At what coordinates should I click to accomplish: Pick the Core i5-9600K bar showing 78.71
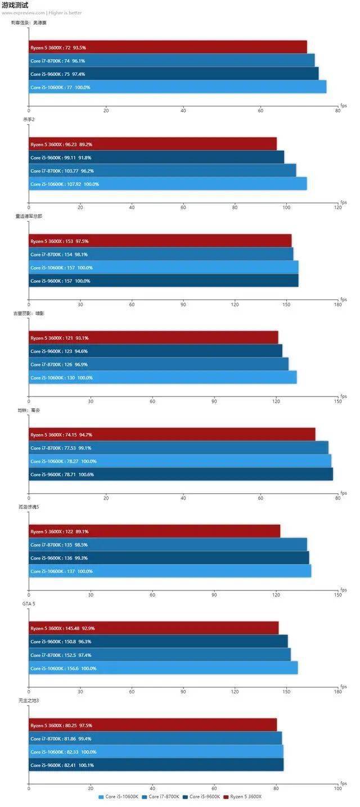click(x=181, y=474)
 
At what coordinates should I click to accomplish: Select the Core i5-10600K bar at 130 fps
click(x=163, y=377)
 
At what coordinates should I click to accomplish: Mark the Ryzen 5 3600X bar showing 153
click(x=160, y=241)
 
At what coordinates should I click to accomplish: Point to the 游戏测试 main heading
click(x=15, y=5)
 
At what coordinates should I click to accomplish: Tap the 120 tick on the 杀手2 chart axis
click(x=337, y=208)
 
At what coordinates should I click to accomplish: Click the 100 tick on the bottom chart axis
click(x=337, y=788)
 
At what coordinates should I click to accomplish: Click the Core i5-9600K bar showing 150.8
click(x=158, y=641)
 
